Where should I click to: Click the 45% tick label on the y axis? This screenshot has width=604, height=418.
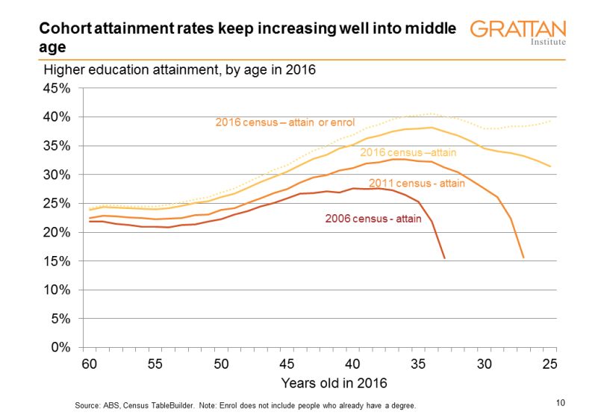point(57,88)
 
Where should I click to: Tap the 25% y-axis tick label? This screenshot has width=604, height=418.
point(57,203)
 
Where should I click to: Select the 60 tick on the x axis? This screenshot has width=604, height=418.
point(90,364)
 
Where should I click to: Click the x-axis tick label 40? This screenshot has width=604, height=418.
point(353,364)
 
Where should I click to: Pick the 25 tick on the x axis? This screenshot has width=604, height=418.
point(551,364)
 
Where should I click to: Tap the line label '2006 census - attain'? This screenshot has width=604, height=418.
point(373,219)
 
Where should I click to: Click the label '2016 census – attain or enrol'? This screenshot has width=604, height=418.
point(284,122)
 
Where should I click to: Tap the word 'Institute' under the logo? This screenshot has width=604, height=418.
point(547,43)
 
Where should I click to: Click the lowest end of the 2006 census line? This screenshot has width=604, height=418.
point(445,258)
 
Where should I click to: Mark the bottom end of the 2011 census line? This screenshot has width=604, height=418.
point(523,258)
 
